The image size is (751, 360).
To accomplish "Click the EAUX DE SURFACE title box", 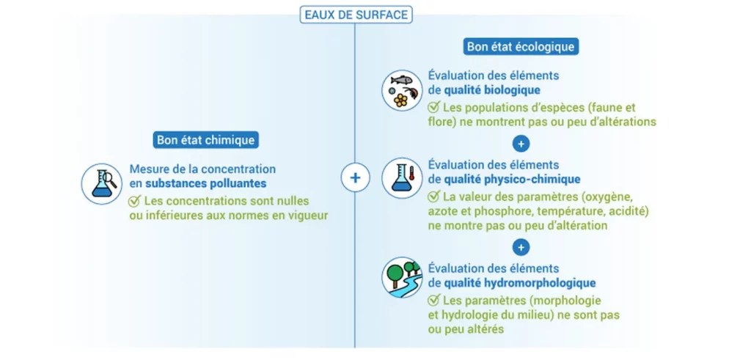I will click(x=356, y=15).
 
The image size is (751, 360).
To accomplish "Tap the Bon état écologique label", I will click(x=521, y=47).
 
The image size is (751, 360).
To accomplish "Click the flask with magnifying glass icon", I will click(x=101, y=184).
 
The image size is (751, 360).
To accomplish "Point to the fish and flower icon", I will click(x=403, y=90).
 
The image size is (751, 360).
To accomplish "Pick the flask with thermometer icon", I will click(x=403, y=177).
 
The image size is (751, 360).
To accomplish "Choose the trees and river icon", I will click(x=403, y=277).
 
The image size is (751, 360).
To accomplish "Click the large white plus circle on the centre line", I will click(x=355, y=177).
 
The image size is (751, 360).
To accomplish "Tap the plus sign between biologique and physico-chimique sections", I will click(x=521, y=143).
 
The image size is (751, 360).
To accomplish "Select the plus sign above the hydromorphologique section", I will click(x=521, y=246).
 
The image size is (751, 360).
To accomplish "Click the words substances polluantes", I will click(x=205, y=183).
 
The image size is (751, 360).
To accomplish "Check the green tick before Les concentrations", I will click(x=135, y=200).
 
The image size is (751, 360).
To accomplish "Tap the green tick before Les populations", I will click(x=433, y=107).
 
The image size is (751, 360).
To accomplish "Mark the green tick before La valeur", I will click(x=433, y=196).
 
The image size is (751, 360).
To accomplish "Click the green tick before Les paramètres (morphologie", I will click(x=433, y=301).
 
